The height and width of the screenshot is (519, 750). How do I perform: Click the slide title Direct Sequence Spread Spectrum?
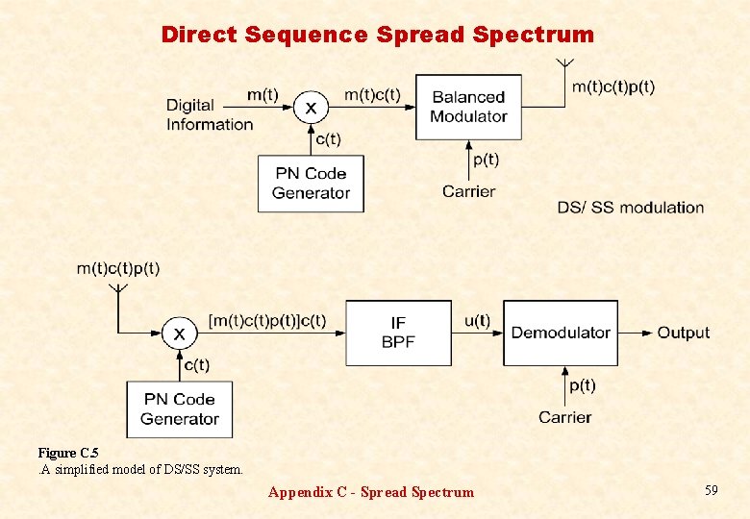[377, 35]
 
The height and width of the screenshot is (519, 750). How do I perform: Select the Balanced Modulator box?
[468, 107]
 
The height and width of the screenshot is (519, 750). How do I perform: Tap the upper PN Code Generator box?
[311, 183]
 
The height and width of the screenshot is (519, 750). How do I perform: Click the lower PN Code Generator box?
[180, 408]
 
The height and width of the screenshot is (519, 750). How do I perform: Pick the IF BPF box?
[398, 333]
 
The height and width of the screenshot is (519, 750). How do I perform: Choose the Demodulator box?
[561, 333]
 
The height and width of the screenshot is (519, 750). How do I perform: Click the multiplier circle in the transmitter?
[310, 108]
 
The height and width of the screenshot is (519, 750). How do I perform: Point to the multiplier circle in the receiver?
[179, 334]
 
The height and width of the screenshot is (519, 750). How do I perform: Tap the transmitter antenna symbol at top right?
[565, 65]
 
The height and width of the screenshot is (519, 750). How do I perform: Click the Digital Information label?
[209, 114]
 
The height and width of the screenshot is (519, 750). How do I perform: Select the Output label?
[683, 333]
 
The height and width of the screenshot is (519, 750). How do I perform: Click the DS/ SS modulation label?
[630, 208]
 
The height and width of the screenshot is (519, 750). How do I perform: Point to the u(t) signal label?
[477, 321]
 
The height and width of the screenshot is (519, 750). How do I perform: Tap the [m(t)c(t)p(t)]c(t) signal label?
[266, 320]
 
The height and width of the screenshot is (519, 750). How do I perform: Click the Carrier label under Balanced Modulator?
[468, 191]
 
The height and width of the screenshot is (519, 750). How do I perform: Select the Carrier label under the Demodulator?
[564, 417]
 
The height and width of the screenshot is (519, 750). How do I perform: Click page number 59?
[711, 491]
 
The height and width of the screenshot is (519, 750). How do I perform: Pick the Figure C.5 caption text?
[68, 453]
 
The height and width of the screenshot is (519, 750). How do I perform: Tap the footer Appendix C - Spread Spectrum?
[370, 492]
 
